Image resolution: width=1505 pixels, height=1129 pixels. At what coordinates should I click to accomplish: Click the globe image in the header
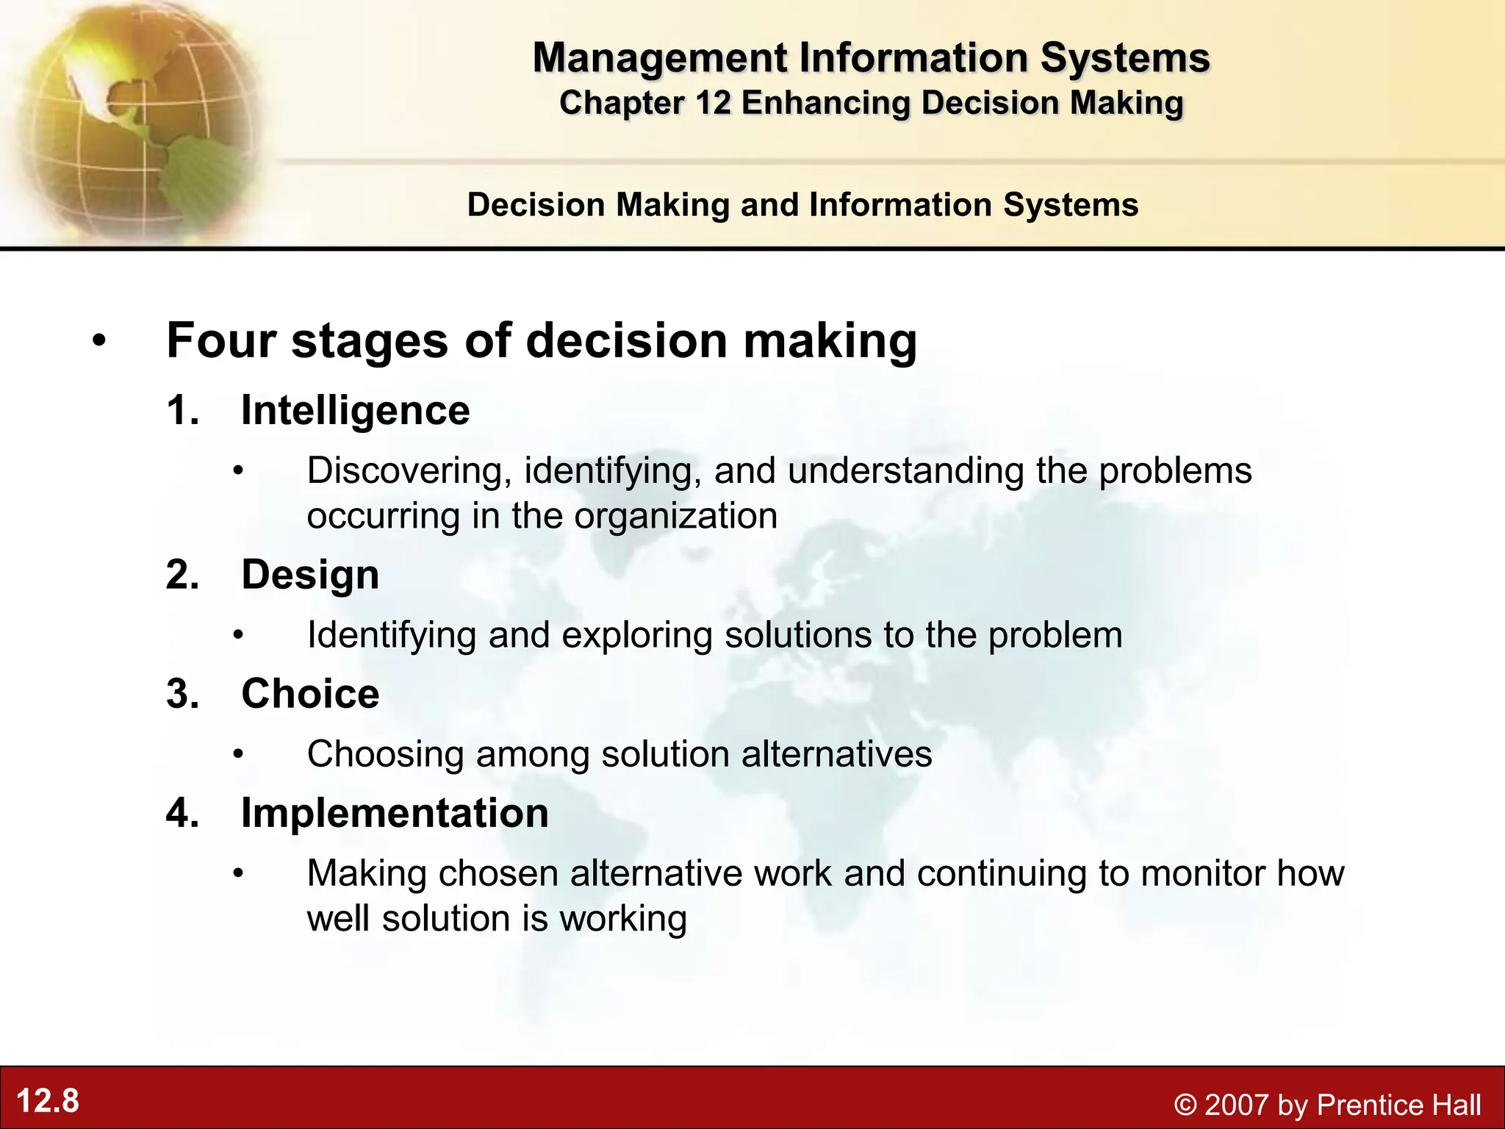click(132, 118)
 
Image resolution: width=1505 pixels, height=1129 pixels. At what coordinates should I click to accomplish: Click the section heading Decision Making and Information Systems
click(802, 204)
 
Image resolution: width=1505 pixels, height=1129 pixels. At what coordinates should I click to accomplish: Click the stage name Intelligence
click(355, 410)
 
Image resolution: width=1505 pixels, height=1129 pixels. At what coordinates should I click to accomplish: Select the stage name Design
click(310, 574)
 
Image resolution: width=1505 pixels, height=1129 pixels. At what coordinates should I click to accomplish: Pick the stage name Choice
click(310, 693)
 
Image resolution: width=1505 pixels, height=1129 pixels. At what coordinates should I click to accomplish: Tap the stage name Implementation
click(395, 813)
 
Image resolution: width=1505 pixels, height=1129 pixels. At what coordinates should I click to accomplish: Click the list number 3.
click(182, 694)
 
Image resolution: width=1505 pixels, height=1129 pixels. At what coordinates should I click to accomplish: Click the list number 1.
click(182, 410)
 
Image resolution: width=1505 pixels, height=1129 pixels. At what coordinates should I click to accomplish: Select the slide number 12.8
click(48, 1101)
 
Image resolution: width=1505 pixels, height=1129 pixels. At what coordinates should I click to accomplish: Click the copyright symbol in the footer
click(1185, 1105)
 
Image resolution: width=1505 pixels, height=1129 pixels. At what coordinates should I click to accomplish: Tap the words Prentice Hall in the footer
click(1398, 1105)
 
